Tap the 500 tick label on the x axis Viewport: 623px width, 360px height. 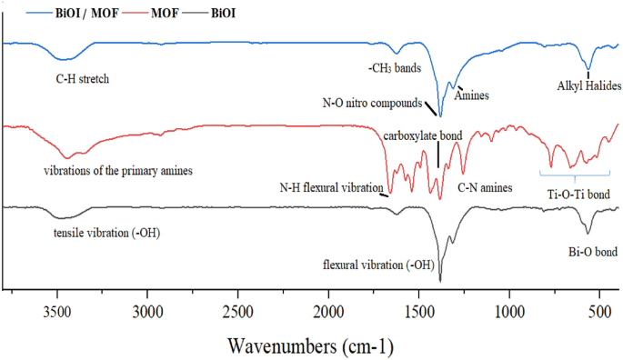(598, 311)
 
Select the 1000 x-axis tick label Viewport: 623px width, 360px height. (508, 311)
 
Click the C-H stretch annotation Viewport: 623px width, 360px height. (83, 79)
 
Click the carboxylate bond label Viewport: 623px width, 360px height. (423, 135)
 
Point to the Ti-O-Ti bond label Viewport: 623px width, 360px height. (578, 194)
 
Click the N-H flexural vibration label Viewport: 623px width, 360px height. (331, 188)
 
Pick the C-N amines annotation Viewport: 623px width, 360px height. (485, 187)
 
